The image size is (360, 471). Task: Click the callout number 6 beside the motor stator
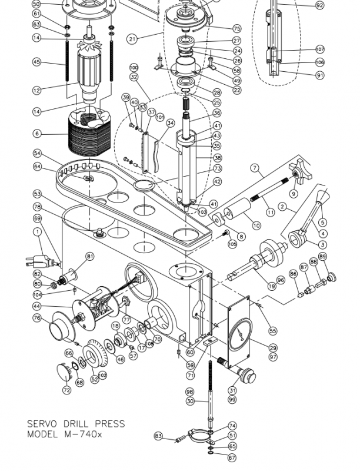pyautogui.click(x=37, y=134)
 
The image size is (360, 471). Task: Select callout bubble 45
pyautogui.click(x=37, y=62)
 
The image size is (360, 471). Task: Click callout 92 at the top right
pyautogui.click(x=319, y=5)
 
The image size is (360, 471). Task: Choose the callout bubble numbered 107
pyautogui.click(x=320, y=49)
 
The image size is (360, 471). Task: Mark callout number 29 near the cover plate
pyautogui.click(x=272, y=349)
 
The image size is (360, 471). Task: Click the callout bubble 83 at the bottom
pyautogui.click(x=158, y=436)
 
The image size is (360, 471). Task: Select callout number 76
pyautogui.click(x=37, y=318)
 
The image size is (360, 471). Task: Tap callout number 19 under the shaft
pyautogui.click(x=272, y=286)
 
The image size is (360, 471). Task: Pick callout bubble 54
pyautogui.click(x=37, y=153)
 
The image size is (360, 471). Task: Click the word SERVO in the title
pyautogui.click(x=42, y=424)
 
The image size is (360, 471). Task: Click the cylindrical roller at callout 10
pyautogui.click(x=234, y=211)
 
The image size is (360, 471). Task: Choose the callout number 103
pyautogui.click(x=202, y=211)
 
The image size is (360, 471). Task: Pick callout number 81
pyautogui.click(x=90, y=256)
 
